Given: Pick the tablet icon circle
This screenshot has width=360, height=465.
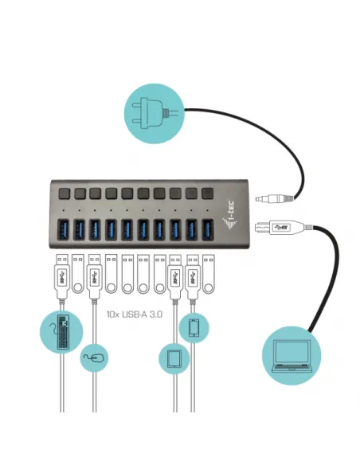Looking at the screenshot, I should click(x=174, y=359).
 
